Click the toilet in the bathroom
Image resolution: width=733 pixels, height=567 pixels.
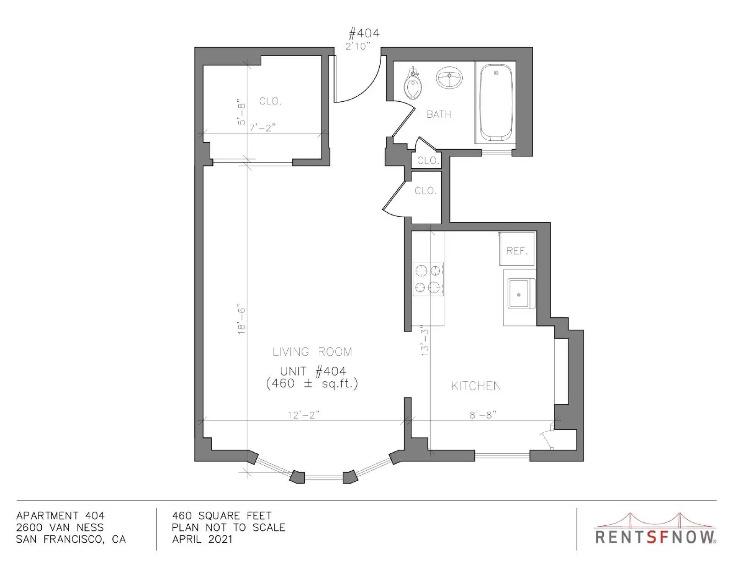point(412,84)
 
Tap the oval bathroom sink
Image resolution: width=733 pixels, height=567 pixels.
point(449,77)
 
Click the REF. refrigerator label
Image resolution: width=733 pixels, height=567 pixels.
point(517,250)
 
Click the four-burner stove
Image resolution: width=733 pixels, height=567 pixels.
point(428,279)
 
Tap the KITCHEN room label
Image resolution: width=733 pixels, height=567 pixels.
point(476,386)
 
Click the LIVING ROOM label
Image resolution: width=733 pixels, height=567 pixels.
point(312,352)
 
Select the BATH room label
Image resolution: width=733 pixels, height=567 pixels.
point(439,115)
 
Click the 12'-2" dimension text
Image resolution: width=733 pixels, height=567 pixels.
point(304,415)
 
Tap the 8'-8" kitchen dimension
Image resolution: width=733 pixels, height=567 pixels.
point(483,415)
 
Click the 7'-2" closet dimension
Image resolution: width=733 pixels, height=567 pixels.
point(263,127)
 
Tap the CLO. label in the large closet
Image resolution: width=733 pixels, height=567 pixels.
point(270,101)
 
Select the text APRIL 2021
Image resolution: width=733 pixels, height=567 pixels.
point(202,539)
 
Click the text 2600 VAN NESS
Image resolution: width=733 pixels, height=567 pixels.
point(60,527)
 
